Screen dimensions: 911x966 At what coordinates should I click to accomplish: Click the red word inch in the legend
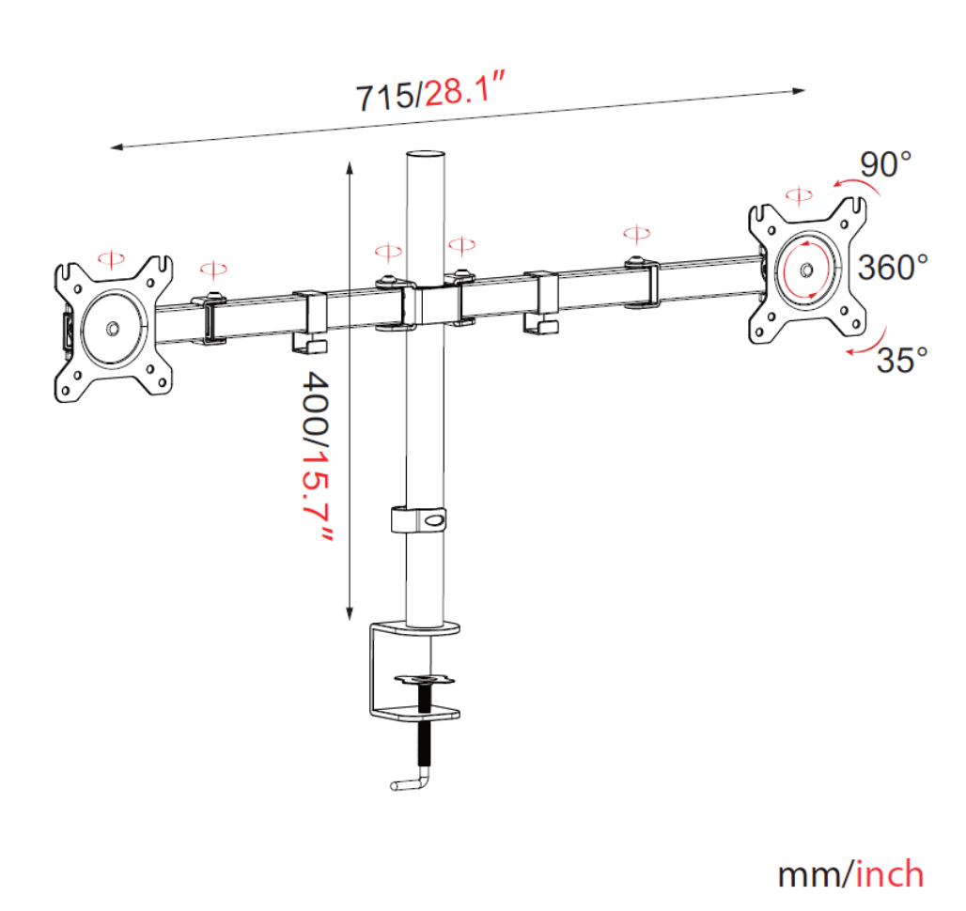pos(889,873)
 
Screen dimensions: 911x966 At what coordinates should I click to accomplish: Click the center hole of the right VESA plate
pos(805,268)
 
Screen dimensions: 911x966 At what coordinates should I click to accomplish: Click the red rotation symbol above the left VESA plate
pos(111,257)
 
